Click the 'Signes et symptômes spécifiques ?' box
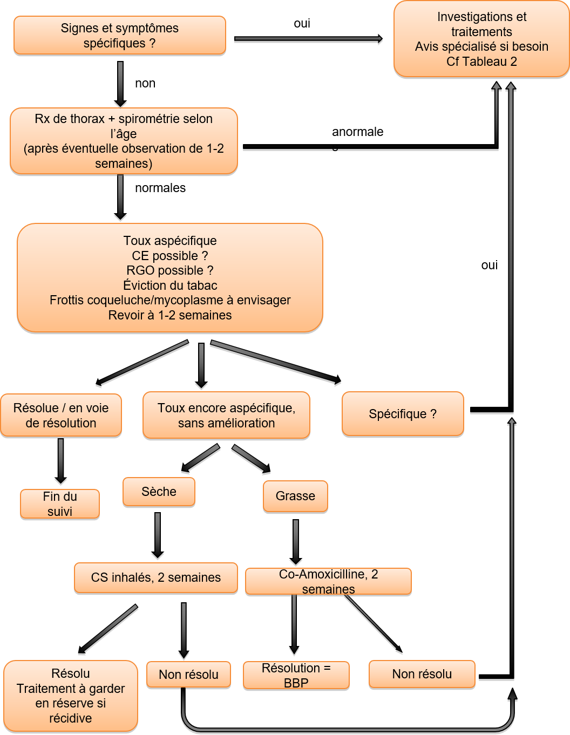(120, 35)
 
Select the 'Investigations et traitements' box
(481, 39)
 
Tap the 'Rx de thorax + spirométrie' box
(124, 141)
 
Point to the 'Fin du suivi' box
(60, 503)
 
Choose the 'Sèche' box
(159, 492)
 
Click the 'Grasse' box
(295, 496)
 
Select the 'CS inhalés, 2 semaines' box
(156, 577)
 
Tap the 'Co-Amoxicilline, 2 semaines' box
(328, 581)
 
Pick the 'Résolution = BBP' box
(296, 675)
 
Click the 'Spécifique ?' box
(403, 414)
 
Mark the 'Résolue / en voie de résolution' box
(61, 415)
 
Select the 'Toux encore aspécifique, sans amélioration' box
(226, 415)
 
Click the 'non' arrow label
(145, 83)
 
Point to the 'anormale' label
(357, 132)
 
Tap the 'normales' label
(160, 188)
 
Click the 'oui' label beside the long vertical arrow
(489, 265)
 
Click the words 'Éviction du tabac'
(170, 285)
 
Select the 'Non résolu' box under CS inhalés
(188, 675)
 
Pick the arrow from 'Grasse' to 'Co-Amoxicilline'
(296, 542)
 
